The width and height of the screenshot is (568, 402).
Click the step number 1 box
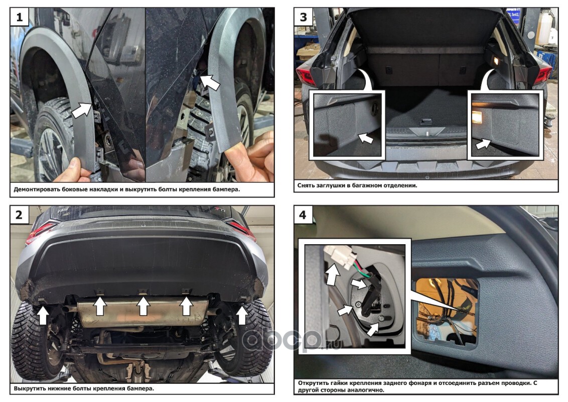(20, 17)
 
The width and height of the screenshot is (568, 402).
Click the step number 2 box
(19, 215)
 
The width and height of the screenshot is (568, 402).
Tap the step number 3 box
(304, 17)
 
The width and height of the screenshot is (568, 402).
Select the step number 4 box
(303, 215)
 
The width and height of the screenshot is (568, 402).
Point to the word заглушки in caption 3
(328, 185)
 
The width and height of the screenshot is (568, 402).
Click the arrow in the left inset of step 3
(365, 138)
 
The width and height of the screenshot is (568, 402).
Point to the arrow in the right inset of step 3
(483, 143)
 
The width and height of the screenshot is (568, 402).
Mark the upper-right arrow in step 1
(210, 82)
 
